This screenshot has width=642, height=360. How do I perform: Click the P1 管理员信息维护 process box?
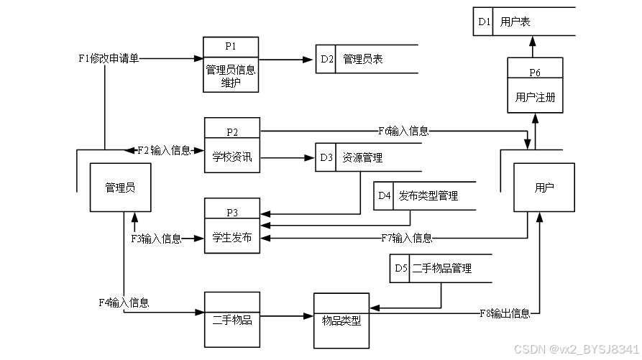coord(231,65)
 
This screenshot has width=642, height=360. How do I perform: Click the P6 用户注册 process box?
coord(535,86)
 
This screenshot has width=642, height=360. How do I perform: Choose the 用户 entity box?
coord(544,188)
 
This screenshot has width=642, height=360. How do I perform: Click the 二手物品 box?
coord(232,320)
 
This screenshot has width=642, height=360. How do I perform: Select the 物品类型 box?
coord(341,320)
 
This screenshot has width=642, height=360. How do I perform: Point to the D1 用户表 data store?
coord(523,22)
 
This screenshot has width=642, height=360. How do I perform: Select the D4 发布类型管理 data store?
coord(424,195)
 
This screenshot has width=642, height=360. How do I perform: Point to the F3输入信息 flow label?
coord(156,239)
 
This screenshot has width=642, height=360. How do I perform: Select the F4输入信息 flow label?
coord(124,303)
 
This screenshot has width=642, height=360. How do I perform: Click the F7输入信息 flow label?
coord(406,238)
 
